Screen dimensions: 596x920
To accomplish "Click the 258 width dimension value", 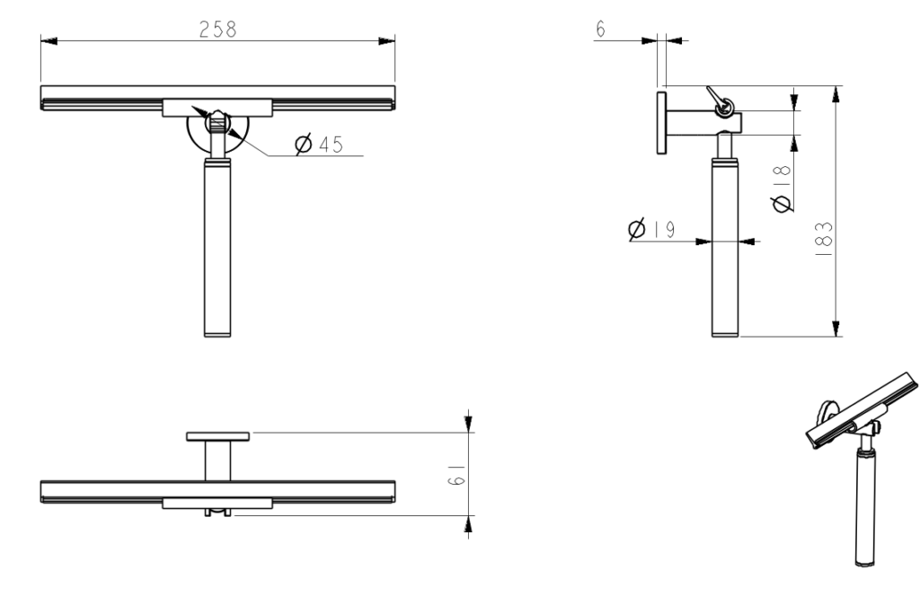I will click(x=217, y=29).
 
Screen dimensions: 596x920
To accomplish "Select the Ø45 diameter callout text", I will click(x=318, y=144).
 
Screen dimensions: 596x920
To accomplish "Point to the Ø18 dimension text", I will click(x=783, y=188).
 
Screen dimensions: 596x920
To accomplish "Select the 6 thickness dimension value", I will click(x=600, y=28).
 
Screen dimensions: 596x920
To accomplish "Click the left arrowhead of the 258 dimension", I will click(x=50, y=41).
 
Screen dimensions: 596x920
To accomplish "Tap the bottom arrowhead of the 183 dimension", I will click(x=836, y=328).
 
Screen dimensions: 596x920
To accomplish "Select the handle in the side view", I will click(x=727, y=247).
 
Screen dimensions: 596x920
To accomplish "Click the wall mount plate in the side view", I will click(x=662, y=122).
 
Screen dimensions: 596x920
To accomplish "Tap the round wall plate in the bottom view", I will click(x=217, y=436).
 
